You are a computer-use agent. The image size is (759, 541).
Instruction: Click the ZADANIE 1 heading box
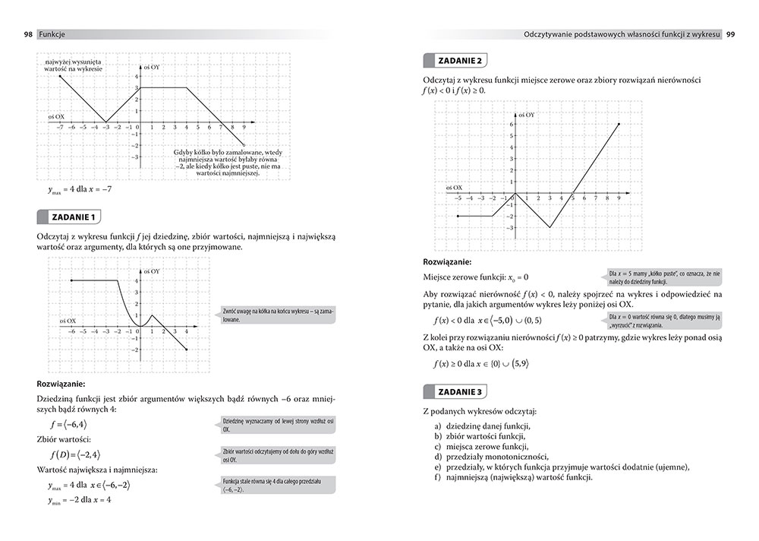coord(73,217)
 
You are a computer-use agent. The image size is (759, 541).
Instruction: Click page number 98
coord(27,34)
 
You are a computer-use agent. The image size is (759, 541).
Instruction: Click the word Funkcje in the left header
coord(52,34)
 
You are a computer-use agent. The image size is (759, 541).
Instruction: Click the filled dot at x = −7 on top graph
coord(60,76)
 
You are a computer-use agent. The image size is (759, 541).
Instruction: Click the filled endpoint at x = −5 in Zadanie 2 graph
coord(458,217)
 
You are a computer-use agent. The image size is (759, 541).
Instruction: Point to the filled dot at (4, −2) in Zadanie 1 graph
coord(187,350)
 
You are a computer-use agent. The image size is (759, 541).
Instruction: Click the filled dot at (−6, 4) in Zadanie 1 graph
coord(71,281)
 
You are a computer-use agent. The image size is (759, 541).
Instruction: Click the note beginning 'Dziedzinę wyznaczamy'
coord(278,425)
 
